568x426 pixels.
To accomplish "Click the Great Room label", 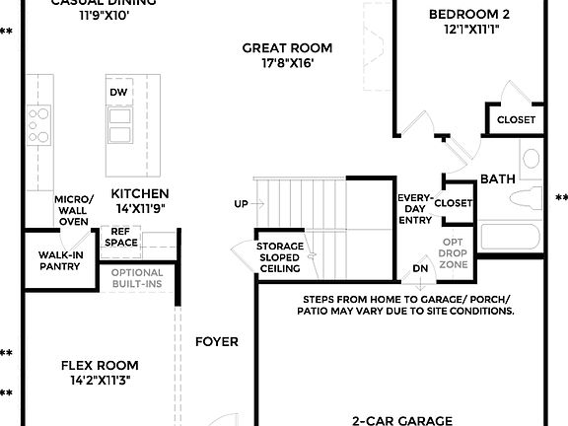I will (288, 47).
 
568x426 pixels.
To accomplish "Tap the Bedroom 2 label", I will (469, 14).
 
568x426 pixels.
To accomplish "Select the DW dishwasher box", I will (119, 92).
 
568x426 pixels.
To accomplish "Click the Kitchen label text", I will (139, 193).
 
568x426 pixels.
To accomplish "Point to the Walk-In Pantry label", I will (60, 259).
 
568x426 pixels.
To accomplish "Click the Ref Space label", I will (121, 238).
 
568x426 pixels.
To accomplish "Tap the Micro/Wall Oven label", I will (75, 209).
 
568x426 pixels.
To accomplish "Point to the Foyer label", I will (216, 342).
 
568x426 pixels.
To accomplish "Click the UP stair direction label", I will (241, 204).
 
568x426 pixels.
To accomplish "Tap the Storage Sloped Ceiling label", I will (280, 258).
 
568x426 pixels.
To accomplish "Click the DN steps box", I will (420, 268).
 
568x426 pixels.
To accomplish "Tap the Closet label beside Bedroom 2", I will (515, 119).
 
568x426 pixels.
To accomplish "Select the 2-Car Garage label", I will (402, 419).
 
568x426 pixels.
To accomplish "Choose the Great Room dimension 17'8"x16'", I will (288, 64).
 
